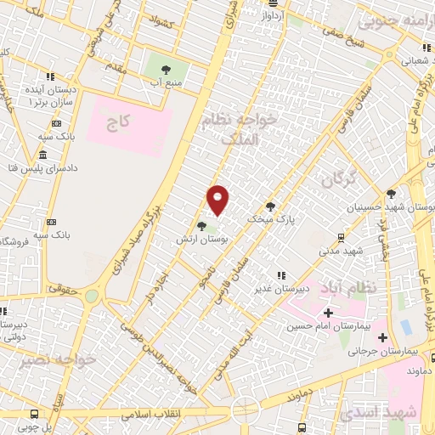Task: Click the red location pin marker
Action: [218, 199]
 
